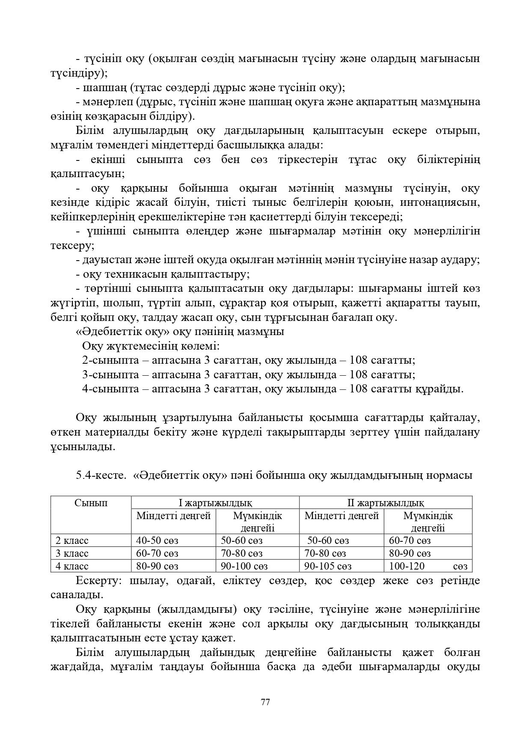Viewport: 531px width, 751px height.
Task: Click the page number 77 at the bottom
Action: (x=265, y=702)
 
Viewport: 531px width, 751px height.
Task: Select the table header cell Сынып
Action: (x=91, y=503)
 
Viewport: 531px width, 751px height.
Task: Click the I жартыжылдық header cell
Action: (x=215, y=503)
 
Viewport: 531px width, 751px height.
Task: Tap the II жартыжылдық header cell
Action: (x=385, y=503)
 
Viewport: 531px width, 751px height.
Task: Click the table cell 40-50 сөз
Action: (x=157, y=540)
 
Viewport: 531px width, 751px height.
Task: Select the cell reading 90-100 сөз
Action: (x=244, y=566)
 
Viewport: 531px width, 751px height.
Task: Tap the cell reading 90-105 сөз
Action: (x=328, y=566)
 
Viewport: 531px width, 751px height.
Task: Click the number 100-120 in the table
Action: (x=406, y=566)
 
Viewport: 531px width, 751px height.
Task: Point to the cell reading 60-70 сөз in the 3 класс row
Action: (x=157, y=553)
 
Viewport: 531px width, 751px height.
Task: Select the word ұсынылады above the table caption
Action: (x=83, y=447)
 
